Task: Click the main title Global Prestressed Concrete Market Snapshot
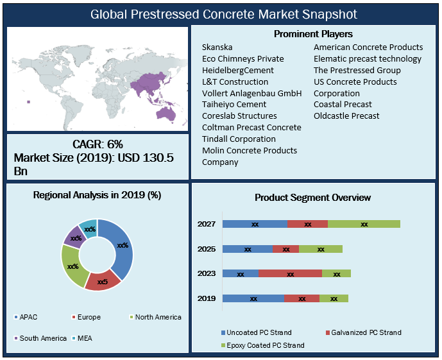tap(221, 13)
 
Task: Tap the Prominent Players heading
tap(313, 33)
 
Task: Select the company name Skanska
tap(217, 47)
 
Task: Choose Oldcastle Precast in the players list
tap(346, 116)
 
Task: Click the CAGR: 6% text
tap(98, 144)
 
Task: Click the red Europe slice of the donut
tap(102, 280)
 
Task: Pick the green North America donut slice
tap(72, 266)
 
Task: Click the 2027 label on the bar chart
tap(207, 224)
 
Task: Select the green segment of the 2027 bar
tap(364, 224)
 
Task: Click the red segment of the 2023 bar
tap(290, 273)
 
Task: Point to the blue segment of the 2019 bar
tap(253, 298)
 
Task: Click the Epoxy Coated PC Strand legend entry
tap(262, 345)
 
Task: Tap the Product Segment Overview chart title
tap(312, 198)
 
